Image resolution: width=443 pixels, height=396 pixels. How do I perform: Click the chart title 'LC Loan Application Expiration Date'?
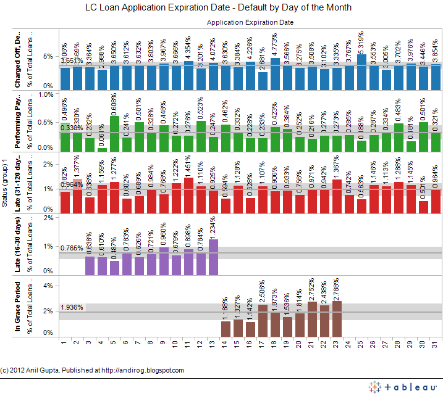(218, 8)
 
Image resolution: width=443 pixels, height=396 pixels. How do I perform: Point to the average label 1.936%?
(72, 307)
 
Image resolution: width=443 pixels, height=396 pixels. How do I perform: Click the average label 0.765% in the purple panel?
(72, 248)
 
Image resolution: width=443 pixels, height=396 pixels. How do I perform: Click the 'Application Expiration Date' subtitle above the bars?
(250, 22)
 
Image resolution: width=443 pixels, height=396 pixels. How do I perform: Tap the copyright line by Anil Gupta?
(92, 370)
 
